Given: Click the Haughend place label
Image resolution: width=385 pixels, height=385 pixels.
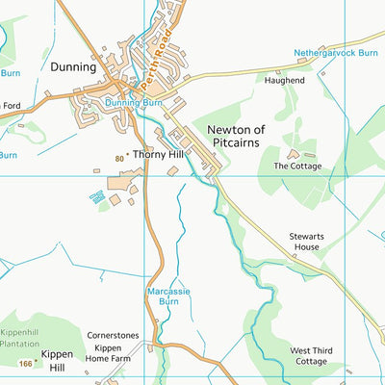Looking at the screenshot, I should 285,81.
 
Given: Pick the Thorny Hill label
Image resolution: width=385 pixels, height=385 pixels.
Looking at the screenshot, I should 157,154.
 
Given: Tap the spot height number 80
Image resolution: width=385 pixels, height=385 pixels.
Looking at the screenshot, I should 118,155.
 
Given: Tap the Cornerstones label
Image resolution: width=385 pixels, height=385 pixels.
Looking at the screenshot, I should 114,335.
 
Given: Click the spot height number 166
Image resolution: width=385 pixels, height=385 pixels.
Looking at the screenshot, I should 24,363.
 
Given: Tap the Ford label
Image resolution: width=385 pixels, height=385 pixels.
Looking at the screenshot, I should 11,106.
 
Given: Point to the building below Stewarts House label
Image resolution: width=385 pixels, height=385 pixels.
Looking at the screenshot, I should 295,257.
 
